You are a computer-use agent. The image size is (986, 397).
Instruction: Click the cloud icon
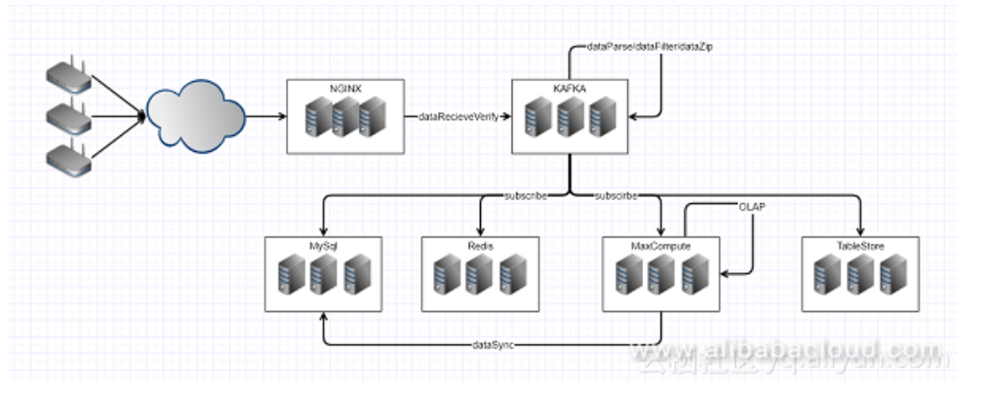(196, 116)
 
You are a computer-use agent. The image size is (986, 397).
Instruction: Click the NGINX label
(347, 89)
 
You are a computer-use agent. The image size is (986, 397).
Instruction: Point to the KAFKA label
(570, 89)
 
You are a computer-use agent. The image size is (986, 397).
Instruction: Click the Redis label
(480, 246)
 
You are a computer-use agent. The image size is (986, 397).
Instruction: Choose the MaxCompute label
(660, 246)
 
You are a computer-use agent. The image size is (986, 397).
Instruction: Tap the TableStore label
(859, 246)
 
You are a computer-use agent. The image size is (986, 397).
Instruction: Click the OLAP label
(752, 207)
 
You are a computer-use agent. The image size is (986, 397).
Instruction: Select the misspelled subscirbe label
(615, 197)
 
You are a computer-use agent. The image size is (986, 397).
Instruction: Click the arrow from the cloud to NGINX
(266, 117)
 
